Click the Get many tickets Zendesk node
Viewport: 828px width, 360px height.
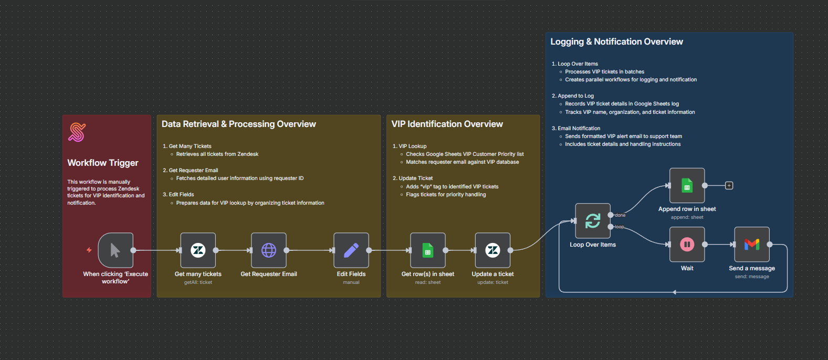click(198, 250)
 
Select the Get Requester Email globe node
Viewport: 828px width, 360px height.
click(269, 250)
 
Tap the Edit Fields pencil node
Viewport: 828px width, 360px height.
click(351, 250)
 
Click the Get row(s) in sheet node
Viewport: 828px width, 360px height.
click(428, 250)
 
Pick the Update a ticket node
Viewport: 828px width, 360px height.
click(492, 250)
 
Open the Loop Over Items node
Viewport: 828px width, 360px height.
click(593, 220)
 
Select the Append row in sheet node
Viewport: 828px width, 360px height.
click(687, 186)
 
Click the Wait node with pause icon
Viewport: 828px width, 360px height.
click(687, 245)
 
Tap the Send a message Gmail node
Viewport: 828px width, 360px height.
click(752, 245)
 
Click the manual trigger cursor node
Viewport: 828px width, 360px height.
click(116, 250)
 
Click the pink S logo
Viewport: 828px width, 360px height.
click(77, 132)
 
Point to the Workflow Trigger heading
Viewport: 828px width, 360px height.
click(103, 163)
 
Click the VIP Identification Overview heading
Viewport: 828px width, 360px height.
click(447, 124)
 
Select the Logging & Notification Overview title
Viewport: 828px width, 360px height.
click(616, 42)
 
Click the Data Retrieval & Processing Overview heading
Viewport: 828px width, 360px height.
click(239, 124)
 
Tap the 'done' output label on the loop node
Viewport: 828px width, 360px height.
click(620, 215)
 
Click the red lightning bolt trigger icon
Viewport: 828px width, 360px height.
click(89, 250)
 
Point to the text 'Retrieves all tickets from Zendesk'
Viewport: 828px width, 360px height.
click(217, 154)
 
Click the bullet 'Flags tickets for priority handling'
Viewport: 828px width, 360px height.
click(446, 194)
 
